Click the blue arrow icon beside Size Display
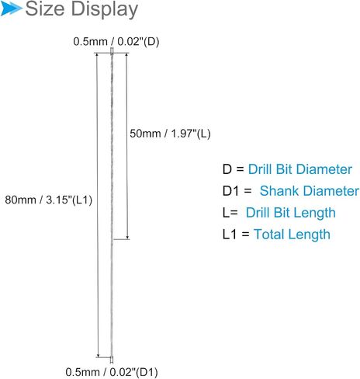tap(10, 9)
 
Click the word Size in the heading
tap(45, 9)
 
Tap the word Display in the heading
tap(105, 10)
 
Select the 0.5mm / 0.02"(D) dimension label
tap(116, 41)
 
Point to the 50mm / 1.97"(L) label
tap(170, 134)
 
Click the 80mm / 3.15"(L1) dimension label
tap(49, 200)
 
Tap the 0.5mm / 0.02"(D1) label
tap(112, 372)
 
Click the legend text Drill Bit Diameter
tap(300, 169)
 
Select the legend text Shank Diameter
tap(310, 191)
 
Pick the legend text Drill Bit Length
tap(291, 213)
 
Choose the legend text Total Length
tap(292, 235)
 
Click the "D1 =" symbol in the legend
tap(237, 191)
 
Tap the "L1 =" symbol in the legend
tap(236, 235)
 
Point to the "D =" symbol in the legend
tap(233, 169)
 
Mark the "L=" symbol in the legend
tap(230, 213)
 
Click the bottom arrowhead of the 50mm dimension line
tap(127, 238)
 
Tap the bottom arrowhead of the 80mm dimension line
tap(98, 356)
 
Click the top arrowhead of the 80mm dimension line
tap(97, 55)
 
